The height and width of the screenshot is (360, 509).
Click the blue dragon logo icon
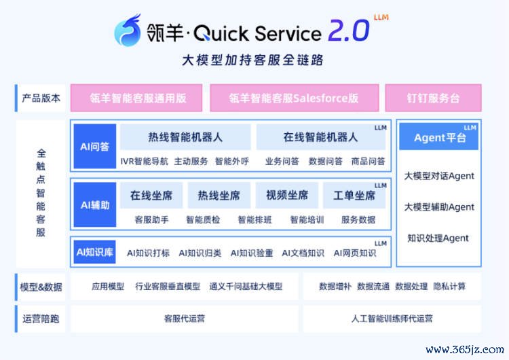click(x=128, y=30)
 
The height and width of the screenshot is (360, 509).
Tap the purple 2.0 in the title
click(x=349, y=31)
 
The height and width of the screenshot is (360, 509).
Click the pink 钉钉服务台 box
click(x=433, y=98)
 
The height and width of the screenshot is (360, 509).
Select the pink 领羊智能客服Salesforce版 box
click(x=294, y=98)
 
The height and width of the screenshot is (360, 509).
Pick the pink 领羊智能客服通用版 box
click(x=136, y=98)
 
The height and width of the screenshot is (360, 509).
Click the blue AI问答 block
click(x=95, y=146)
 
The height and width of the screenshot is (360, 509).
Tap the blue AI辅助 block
click(x=95, y=204)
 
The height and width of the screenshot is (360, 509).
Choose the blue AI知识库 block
click(x=95, y=252)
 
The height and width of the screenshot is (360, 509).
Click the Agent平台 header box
click(x=438, y=137)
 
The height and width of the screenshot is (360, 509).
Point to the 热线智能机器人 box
click(x=185, y=137)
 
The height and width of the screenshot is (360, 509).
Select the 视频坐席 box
click(x=287, y=195)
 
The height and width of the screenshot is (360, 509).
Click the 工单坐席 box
click(x=354, y=195)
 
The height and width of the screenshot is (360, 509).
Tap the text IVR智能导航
click(x=144, y=161)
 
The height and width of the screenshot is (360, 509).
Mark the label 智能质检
click(x=203, y=220)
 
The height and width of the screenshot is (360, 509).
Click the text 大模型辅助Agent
click(x=439, y=207)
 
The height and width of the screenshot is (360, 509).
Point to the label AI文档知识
click(x=303, y=253)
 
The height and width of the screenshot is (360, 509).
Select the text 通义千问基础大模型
click(x=246, y=287)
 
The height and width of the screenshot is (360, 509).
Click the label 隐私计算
click(x=449, y=286)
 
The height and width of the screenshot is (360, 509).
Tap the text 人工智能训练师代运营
click(x=392, y=319)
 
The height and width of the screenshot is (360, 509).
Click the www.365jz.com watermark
click(x=465, y=350)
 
